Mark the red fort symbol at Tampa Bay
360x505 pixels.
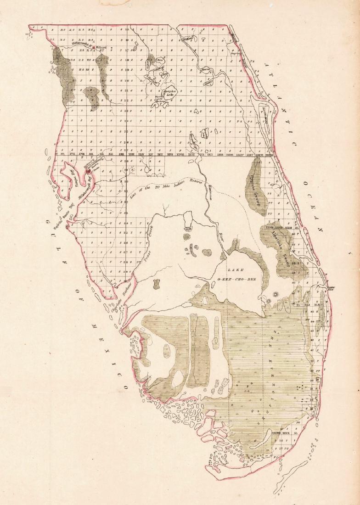[x=88, y=171]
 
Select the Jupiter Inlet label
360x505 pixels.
[x=331, y=288]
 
